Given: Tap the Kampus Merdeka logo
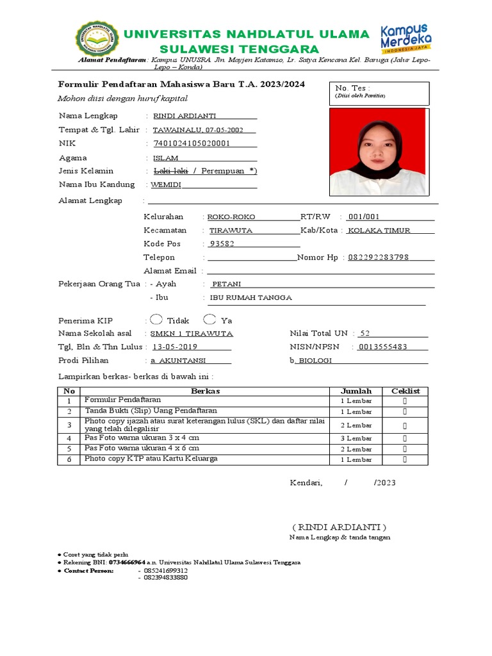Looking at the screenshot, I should click(406, 38).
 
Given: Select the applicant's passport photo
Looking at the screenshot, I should click(377, 151).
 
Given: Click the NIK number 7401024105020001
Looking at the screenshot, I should click(191, 143).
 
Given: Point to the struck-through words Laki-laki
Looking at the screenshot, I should click(170, 171).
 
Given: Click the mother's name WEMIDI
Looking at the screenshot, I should click(167, 184).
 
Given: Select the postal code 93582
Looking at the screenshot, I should click(222, 243).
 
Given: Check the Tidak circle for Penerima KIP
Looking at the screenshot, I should click(156, 320).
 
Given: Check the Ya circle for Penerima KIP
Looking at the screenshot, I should click(209, 320).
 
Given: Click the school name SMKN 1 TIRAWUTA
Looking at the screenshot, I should click(192, 334).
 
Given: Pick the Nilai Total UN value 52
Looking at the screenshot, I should click(365, 333).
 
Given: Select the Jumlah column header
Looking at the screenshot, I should click(356, 391).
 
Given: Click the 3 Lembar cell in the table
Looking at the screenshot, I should click(356, 438).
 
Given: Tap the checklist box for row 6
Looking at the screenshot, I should click(404, 459).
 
